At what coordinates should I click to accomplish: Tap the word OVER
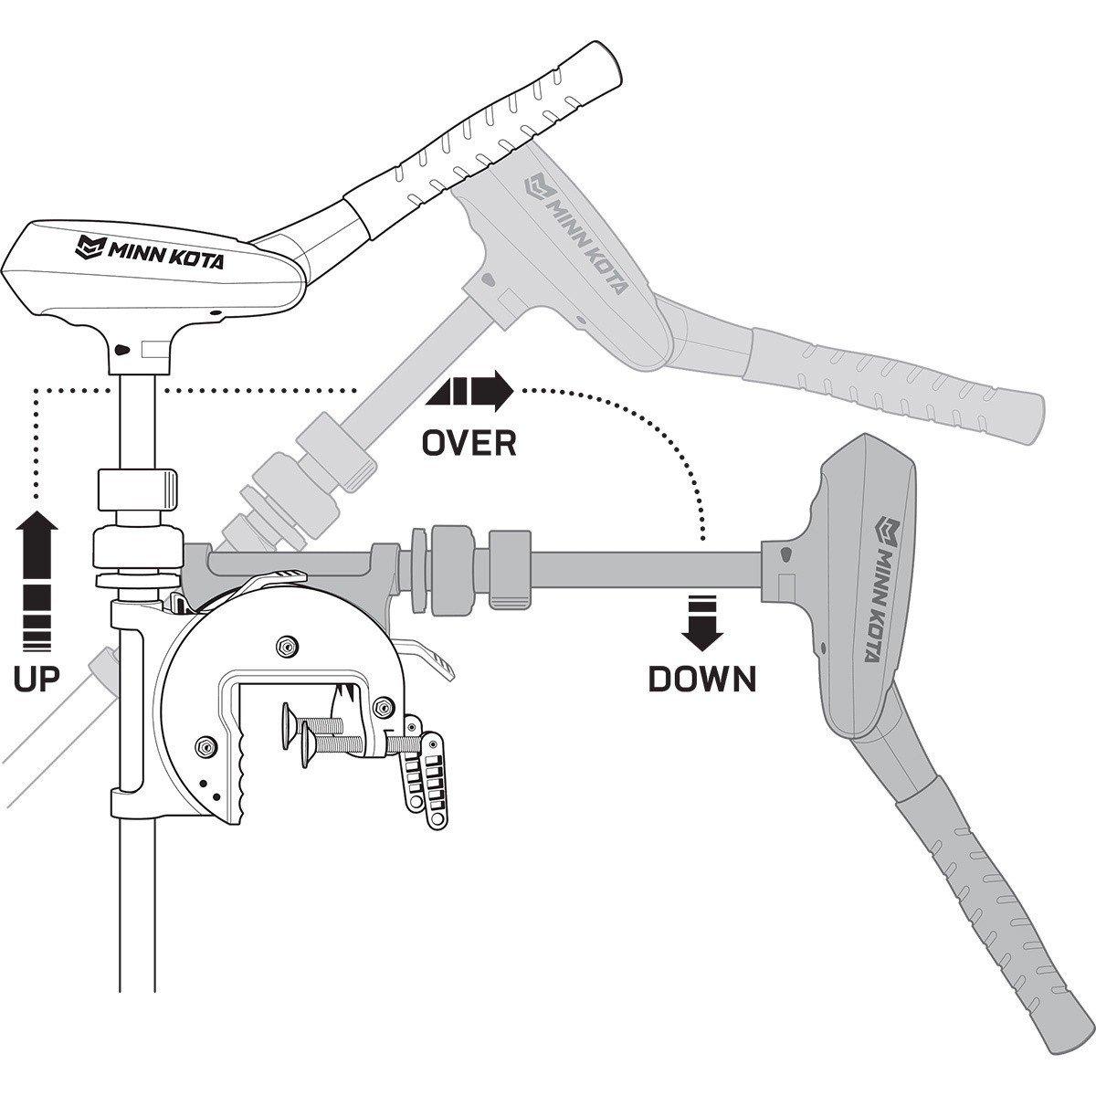point(469,443)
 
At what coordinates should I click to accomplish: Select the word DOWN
point(702,678)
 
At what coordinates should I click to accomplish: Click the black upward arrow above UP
point(37,580)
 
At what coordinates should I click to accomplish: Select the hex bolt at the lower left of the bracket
point(203,746)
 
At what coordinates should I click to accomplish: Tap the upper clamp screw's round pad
point(290,722)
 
